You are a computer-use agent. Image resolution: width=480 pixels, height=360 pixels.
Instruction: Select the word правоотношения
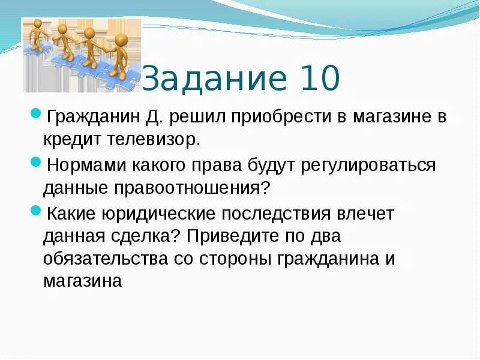coord(192,188)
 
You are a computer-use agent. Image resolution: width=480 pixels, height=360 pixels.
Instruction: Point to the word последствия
coord(284,214)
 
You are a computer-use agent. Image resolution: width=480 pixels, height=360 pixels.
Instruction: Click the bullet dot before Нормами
coord(35,162)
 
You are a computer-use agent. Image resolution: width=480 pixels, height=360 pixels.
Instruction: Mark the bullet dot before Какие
coord(35,211)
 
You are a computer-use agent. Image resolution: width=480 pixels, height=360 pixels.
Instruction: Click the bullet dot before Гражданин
coord(35,113)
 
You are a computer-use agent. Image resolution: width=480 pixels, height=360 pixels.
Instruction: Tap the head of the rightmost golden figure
coord(121,41)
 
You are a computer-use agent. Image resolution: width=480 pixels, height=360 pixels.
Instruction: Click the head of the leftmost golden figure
coord(38,25)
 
